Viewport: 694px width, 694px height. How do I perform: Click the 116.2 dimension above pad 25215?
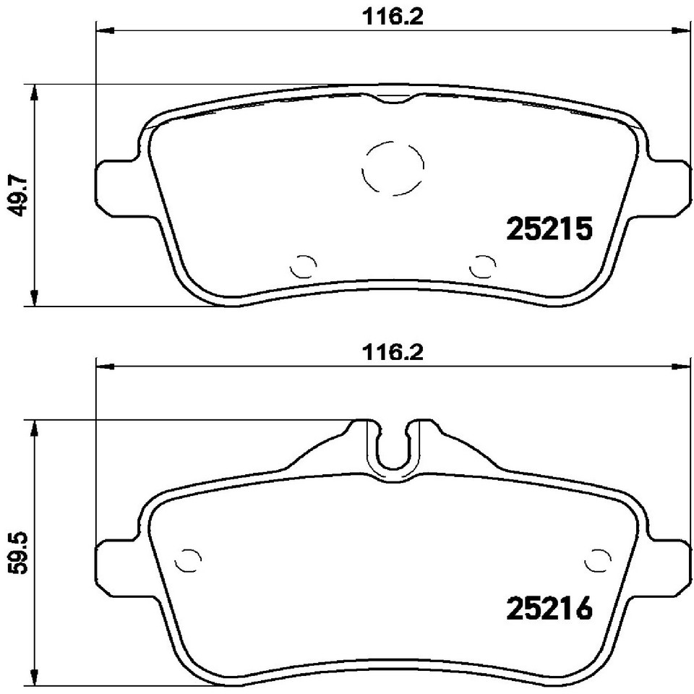click(391, 17)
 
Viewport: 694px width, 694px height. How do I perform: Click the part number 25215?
click(550, 230)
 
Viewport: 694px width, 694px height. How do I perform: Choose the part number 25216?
click(550, 609)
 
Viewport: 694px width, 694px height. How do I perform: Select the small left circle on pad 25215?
click(303, 267)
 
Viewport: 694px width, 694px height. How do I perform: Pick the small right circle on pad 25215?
click(482, 267)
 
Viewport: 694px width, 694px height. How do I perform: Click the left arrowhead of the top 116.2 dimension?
click(106, 30)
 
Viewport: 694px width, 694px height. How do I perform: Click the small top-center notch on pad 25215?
click(393, 100)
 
